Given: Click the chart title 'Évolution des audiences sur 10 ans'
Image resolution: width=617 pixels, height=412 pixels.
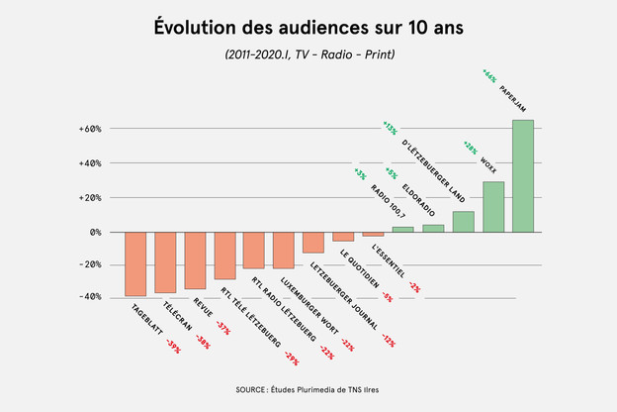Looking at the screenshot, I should point(308,27).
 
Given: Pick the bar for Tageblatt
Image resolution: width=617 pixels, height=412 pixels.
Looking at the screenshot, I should point(135,263).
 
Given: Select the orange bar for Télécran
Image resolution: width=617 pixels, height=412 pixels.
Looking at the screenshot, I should point(165,262).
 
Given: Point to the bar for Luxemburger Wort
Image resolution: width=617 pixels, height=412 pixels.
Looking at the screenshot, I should point(284,250).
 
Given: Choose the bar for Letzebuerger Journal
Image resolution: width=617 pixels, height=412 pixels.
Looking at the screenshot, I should point(313,242).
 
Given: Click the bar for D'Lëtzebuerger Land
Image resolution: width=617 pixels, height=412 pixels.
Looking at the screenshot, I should point(464,221).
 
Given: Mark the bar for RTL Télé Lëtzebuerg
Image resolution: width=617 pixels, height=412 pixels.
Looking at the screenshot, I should point(224,256).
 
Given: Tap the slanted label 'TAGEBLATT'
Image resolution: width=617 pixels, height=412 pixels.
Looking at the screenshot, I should point(148,323).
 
